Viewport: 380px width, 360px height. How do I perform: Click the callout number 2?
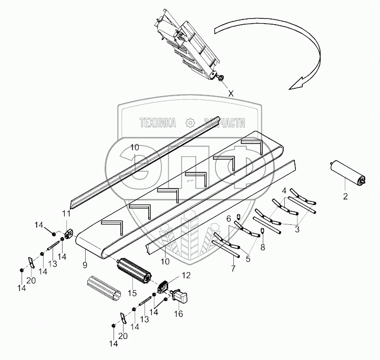tap(345, 197)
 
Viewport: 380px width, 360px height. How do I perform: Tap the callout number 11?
tap(65, 214)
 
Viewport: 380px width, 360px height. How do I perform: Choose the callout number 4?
tap(284, 190)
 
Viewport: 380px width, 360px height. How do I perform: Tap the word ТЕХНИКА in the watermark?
tap(157, 122)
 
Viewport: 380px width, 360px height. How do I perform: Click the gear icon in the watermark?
tap(190, 122)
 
